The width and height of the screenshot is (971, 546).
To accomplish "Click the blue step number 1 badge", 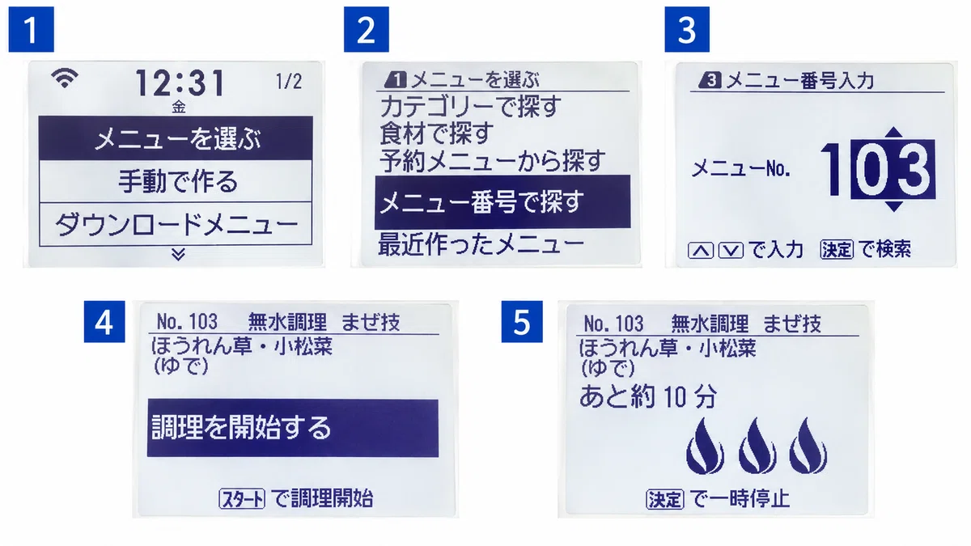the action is pyautogui.click(x=32, y=29).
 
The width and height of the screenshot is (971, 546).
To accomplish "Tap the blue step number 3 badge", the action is pyautogui.click(x=687, y=29).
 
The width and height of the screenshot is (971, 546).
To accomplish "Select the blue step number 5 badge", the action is pyautogui.click(x=522, y=322).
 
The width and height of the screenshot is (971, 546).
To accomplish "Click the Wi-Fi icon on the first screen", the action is pyautogui.click(x=65, y=78).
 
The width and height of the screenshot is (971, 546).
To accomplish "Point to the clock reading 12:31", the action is pyautogui.click(x=180, y=83).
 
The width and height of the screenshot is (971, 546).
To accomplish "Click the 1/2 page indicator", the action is pyautogui.click(x=289, y=82).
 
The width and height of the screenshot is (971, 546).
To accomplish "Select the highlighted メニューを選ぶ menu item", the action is pyautogui.click(x=176, y=138).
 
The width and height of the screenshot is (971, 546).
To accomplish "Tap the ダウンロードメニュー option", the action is pyautogui.click(x=176, y=224).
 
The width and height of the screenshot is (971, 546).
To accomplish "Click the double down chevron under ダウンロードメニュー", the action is pyautogui.click(x=178, y=254).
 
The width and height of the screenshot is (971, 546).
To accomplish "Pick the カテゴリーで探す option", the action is pyautogui.click(x=470, y=106).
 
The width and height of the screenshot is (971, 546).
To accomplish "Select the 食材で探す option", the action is pyautogui.click(x=436, y=133).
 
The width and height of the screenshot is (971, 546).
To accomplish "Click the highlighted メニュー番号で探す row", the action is pyautogui.click(x=502, y=202).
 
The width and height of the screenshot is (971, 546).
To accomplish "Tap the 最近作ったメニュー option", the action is pyautogui.click(x=481, y=244).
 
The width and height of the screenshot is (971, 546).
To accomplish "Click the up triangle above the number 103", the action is pyautogui.click(x=893, y=133).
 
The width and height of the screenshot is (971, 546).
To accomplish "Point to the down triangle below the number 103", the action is pyautogui.click(x=893, y=206).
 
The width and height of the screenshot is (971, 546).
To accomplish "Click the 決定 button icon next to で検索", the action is pyautogui.click(x=837, y=250).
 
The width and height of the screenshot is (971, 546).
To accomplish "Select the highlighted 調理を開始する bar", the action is pyautogui.click(x=293, y=428).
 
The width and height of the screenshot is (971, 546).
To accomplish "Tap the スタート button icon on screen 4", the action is pyautogui.click(x=242, y=498).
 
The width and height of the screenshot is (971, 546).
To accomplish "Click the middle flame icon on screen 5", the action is pyautogui.click(x=757, y=446).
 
